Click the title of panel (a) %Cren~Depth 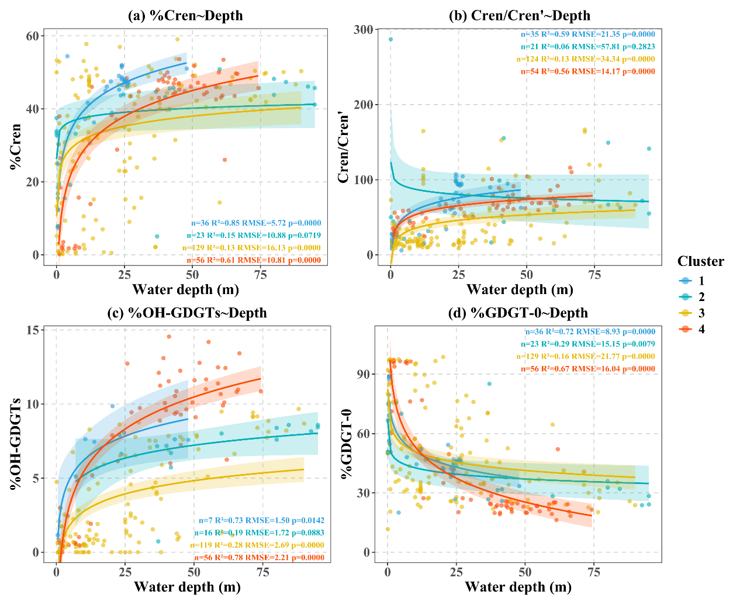coord(185,16)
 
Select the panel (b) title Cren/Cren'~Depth coord(519,16)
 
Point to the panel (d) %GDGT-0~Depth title coord(518,313)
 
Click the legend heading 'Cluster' coord(700,261)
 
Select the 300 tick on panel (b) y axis coord(363,30)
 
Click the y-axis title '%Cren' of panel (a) coord(16,146)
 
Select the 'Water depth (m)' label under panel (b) coord(519,289)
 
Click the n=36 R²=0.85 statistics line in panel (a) coord(256,223)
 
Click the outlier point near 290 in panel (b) coord(390,40)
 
